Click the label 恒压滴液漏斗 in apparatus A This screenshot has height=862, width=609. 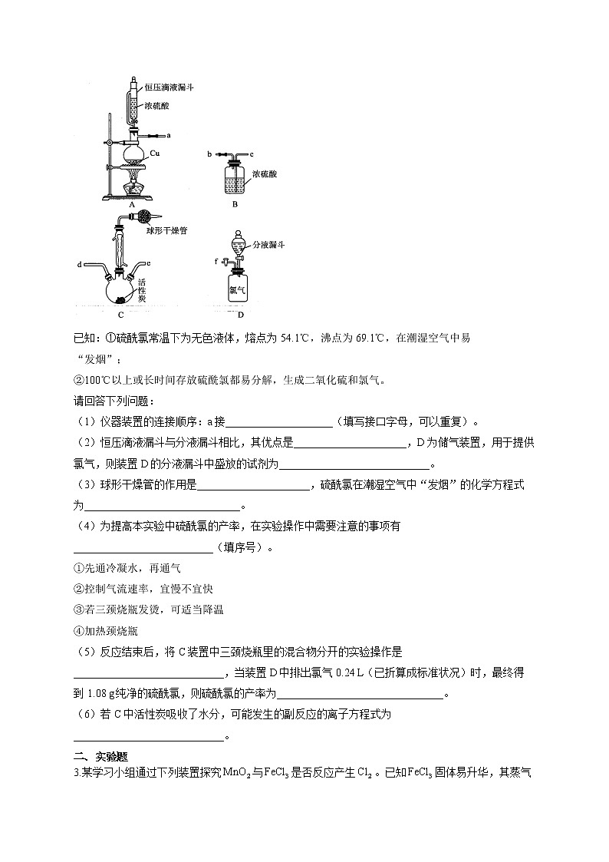click(x=169, y=88)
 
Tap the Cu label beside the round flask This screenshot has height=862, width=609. click(x=154, y=154)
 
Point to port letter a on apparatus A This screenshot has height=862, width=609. click(x=168, y=134)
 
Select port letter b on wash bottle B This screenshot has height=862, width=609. click(x=209, y=154)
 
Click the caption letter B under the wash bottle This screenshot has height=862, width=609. click(x=235, y=205)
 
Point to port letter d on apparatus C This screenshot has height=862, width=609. click(x=80, y=265)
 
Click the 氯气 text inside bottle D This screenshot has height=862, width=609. click(x=237, y=290)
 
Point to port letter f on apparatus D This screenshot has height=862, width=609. click(x=216, y=261)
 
